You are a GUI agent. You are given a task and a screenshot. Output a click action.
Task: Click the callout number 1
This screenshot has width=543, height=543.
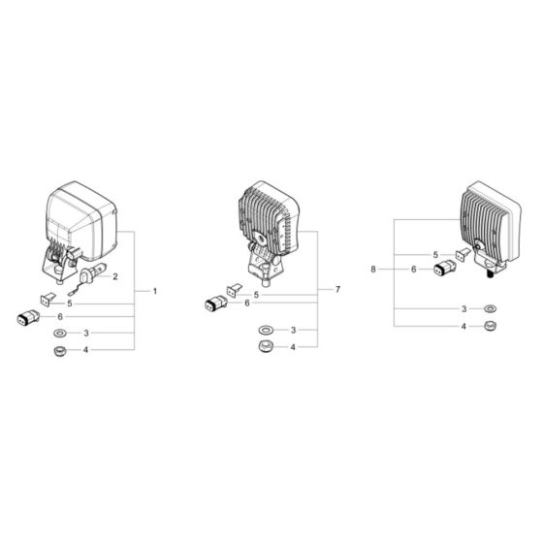point(154,292)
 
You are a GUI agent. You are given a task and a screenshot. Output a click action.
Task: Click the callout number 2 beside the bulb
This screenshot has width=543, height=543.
point(115,277)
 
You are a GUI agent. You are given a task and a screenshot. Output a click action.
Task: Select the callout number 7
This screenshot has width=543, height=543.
point(337,290)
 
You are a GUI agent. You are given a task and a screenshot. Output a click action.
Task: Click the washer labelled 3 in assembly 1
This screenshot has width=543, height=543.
point(59,333)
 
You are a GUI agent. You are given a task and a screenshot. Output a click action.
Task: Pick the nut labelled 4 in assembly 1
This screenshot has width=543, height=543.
point(59,350)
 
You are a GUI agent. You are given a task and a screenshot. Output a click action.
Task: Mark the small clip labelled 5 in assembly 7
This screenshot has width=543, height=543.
point(232,289)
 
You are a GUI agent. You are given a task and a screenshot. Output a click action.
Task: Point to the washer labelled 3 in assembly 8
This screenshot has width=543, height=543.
point(490,309)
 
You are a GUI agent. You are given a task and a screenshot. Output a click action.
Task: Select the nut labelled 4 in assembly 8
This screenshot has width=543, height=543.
point(490,327)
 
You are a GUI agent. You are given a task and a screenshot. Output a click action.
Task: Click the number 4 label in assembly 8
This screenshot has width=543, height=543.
point(463,327)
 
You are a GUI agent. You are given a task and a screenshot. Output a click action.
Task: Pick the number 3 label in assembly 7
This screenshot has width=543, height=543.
point(294,331)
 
